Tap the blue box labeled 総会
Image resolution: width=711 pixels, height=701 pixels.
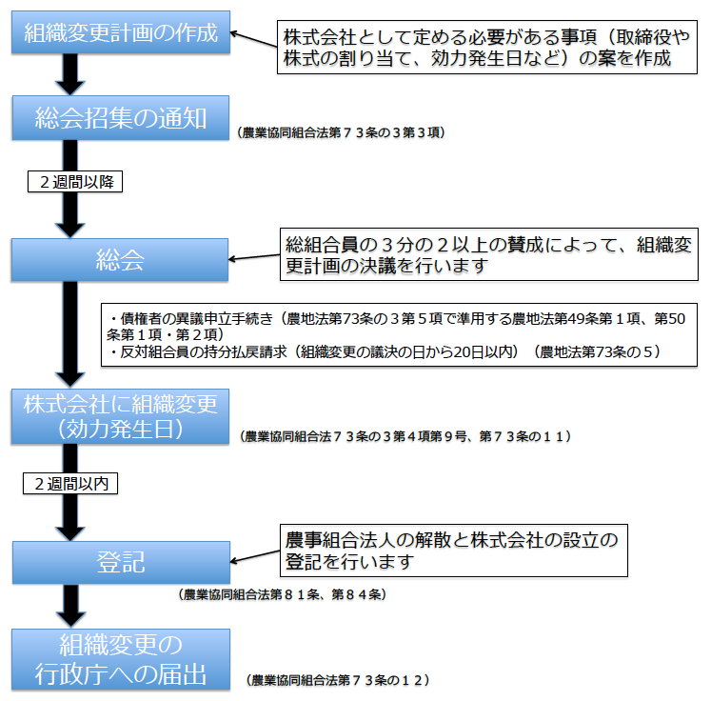click(x=121, y=261)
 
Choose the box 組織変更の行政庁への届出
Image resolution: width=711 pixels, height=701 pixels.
click(x=121, y=659)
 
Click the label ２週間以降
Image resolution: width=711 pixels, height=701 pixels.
click(x=75, y=180)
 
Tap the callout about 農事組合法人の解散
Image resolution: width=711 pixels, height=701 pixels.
click(x=452, y=551)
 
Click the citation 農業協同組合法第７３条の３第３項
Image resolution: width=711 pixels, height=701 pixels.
click(x=342, y=133)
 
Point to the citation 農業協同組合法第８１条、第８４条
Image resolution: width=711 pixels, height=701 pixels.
click(x=282, y=594)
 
